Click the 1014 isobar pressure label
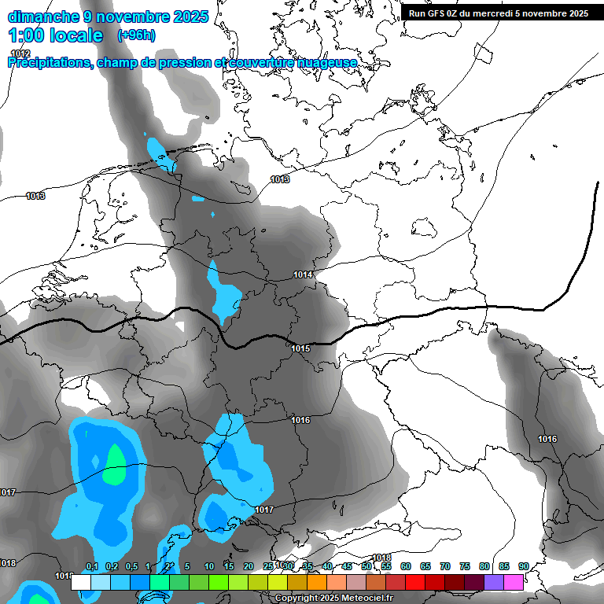[x=303, y=274]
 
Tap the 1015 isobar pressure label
[x=300, y=348]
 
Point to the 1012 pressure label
[x=20, y=53]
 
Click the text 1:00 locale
[x=56, y=35]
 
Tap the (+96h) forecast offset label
[x=136, y=35]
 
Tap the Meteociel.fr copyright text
[x=333, y=598]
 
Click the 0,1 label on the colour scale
[x=91, y=567]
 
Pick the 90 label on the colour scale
[x=524, y=567]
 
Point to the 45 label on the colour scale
[x=347, y=567]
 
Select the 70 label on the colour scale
[x=445, y=567]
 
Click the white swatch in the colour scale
[x=81, y=583]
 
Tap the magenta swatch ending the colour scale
[x=514, y=583]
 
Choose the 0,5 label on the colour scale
[x=131, y=567]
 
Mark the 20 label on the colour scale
[x=249, y=567]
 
